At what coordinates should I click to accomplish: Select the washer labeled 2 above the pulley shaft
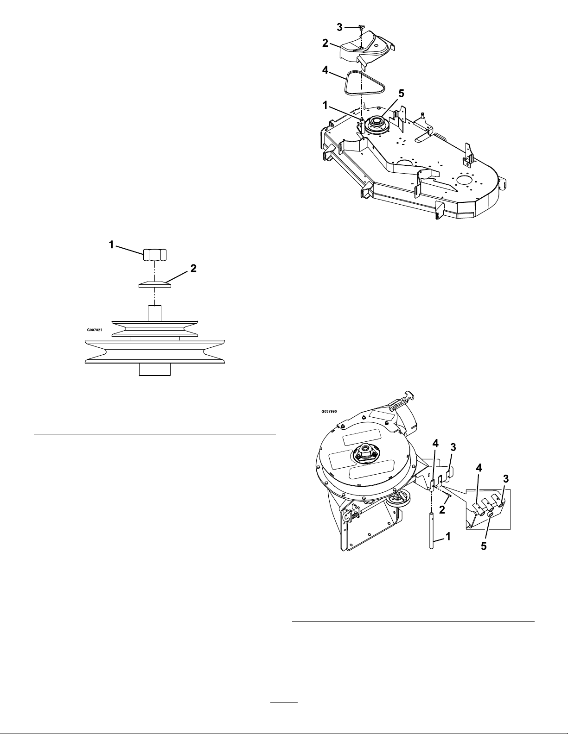point(155,284)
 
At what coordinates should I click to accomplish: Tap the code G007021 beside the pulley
point(95,330)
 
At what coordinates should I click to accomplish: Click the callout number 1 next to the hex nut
point(111,245)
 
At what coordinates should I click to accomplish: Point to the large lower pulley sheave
point(155,351)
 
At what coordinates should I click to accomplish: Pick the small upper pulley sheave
point(155,328)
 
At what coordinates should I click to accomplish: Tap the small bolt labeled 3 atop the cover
point(361,28)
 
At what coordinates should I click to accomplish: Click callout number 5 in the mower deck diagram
point(401,94)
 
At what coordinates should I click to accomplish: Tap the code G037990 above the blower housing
point(329,412)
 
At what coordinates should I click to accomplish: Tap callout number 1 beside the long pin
point(447,536)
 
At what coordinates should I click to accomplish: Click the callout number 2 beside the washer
point(193,269)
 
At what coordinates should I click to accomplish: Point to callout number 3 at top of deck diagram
point(339,27)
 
